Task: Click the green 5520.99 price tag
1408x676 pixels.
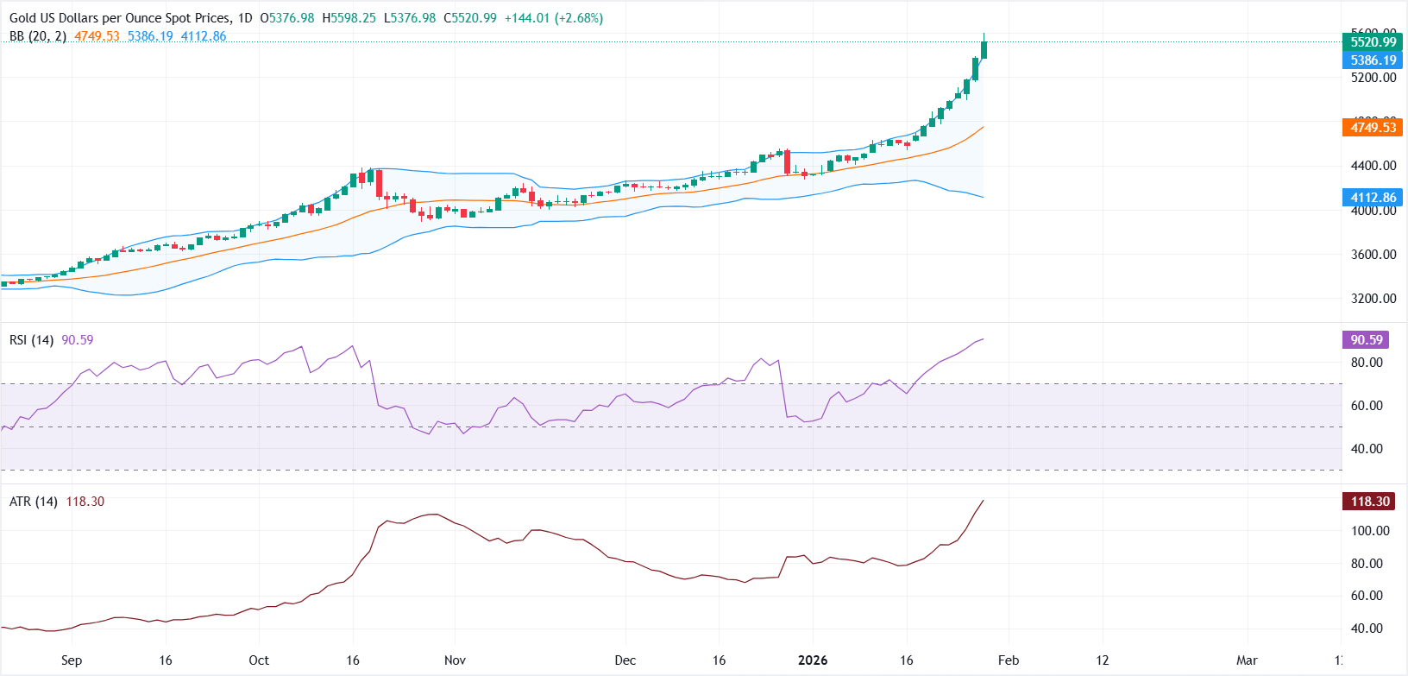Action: [x=1373, y=41]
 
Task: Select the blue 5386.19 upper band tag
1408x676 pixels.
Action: [x=1373, y=60]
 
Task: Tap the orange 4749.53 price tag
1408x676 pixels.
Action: [x=1373, y=128]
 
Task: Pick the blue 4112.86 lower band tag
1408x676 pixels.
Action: [x=1373, y=198]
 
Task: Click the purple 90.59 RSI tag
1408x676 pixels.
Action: [x=1366, y=340]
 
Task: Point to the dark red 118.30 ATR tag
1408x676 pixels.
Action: [x=1369, y=502]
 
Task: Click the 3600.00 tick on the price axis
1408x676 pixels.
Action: [x=1373, y=255]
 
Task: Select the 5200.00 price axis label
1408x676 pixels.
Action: [x=1373, y=78]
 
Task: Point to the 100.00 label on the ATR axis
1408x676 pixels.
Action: [x=1369, y=531]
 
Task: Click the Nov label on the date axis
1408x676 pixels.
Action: [x=455, y=660]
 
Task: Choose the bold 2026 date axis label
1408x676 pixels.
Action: [x=813, y=660]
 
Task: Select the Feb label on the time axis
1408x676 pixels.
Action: [x=1009, y=660]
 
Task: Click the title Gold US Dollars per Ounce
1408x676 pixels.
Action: [x=121, y=18]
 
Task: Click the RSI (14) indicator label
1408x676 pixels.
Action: [x=31, y=340]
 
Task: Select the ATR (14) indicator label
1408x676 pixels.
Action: [x=34, y=502]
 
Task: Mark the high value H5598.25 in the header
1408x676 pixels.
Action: [x=349, y=18]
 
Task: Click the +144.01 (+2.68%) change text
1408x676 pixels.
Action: [x=554, y=18]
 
